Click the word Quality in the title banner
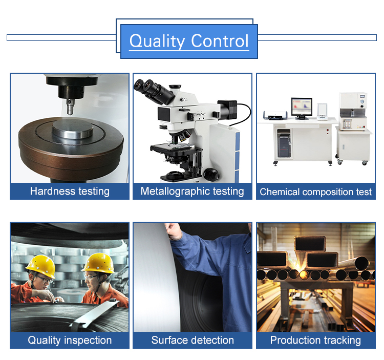coord(157,41)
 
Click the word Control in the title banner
coord(220,40)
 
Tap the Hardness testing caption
coord(70,191)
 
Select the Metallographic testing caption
coord(192,191)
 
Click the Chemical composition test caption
coord(316,192)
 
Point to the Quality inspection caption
coord(70,340)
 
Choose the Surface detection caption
coord(193,340)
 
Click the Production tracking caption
coord(315,340)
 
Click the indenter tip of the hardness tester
coord(70,113)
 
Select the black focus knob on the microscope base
coord(211,174)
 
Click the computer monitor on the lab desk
coord(302,108)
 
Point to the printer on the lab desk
coord(275,115)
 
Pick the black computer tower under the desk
coord(284,144)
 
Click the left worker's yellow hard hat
coord(41,266)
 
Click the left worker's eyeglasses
coord(44,279)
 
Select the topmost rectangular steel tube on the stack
coord(310,243)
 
